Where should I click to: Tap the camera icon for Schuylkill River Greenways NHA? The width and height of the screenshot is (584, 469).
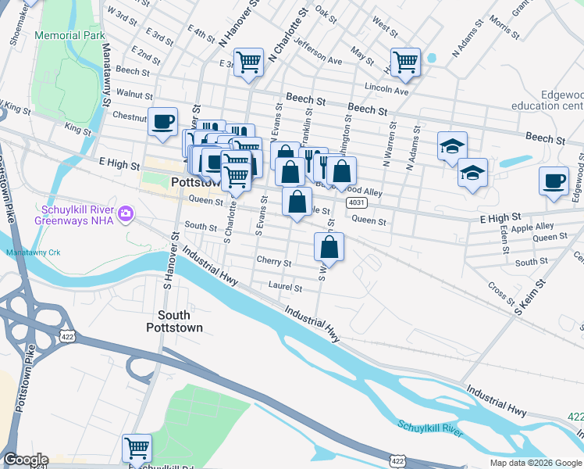point(124,213)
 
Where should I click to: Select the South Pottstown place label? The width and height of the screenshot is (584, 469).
point(168,321)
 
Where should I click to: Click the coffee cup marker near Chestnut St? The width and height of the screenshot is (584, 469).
point(162,122)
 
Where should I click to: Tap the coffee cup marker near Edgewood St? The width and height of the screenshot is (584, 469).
point(554,181)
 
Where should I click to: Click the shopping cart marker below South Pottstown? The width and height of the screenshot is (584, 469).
point(137,448)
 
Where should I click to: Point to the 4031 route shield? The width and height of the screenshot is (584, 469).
point(356,202)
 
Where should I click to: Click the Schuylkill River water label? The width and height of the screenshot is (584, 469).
point(431,428)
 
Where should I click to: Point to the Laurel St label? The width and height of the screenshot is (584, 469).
point(285,288)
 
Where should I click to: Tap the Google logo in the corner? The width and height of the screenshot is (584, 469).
point(26,460)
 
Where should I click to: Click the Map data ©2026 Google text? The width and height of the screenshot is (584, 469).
point(536,463)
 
